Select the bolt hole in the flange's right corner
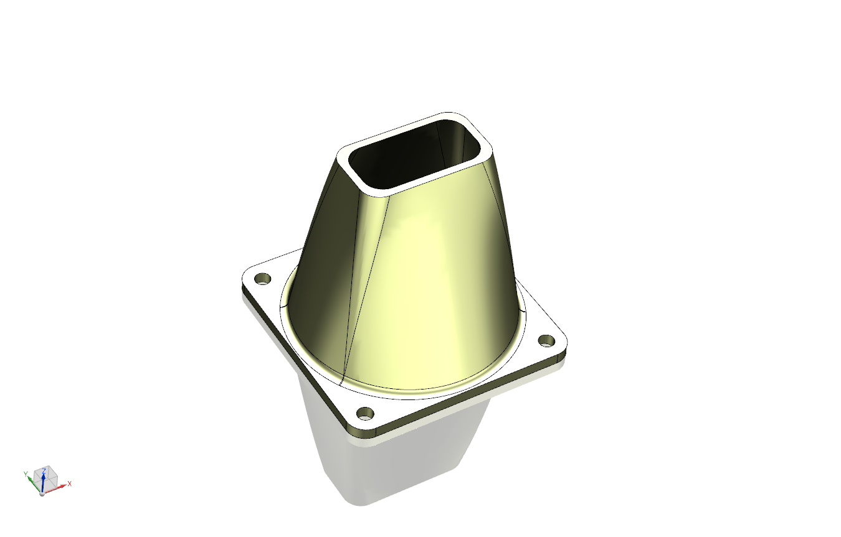546,340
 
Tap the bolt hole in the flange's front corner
366,413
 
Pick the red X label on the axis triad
70,483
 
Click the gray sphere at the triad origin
42,493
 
